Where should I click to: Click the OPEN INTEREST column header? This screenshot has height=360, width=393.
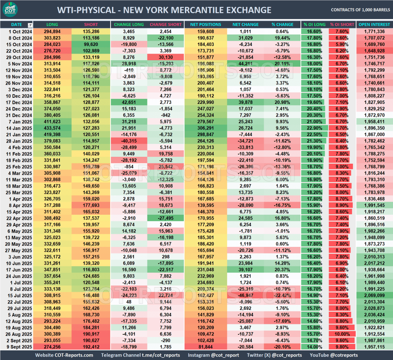374,25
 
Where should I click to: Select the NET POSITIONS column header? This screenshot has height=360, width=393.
206,25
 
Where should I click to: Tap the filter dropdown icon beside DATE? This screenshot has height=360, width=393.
30,25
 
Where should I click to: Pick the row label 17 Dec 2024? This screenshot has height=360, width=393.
17,102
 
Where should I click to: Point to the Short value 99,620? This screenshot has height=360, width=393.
91,44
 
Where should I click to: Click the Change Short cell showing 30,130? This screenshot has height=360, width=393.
165,58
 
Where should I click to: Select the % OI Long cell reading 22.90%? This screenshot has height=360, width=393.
312,127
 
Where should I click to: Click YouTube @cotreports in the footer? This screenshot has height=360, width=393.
333,355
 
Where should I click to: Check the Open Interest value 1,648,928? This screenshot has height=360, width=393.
375,51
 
